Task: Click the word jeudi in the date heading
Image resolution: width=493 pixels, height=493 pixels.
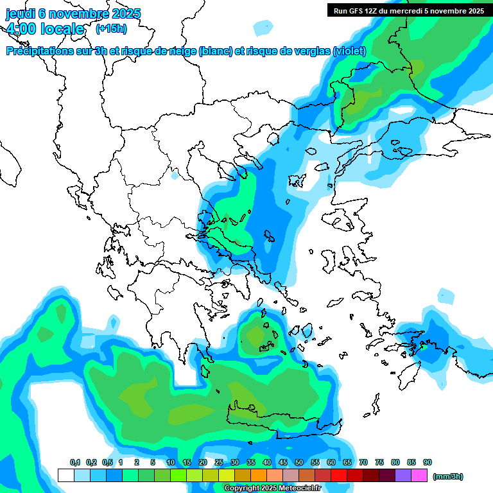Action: tap(21, 13)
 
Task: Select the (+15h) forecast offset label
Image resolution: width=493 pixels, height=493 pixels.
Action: tap(111, 28)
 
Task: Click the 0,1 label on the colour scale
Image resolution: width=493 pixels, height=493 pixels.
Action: tap(75, 463)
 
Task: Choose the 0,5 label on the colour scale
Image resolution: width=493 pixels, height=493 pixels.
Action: tap(107, 463)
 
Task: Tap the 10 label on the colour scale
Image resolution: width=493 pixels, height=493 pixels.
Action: tap(171, 463)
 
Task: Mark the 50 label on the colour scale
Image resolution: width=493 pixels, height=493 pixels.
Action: tap(299, 463)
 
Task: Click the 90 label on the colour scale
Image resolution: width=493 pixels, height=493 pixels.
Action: tap(428, 463)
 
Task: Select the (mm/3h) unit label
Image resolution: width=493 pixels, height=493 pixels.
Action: tap(447, 476)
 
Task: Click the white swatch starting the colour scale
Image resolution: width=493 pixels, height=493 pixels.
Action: tap(65, 476)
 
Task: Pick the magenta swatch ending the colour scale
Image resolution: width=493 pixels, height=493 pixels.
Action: tap(420, 476)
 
